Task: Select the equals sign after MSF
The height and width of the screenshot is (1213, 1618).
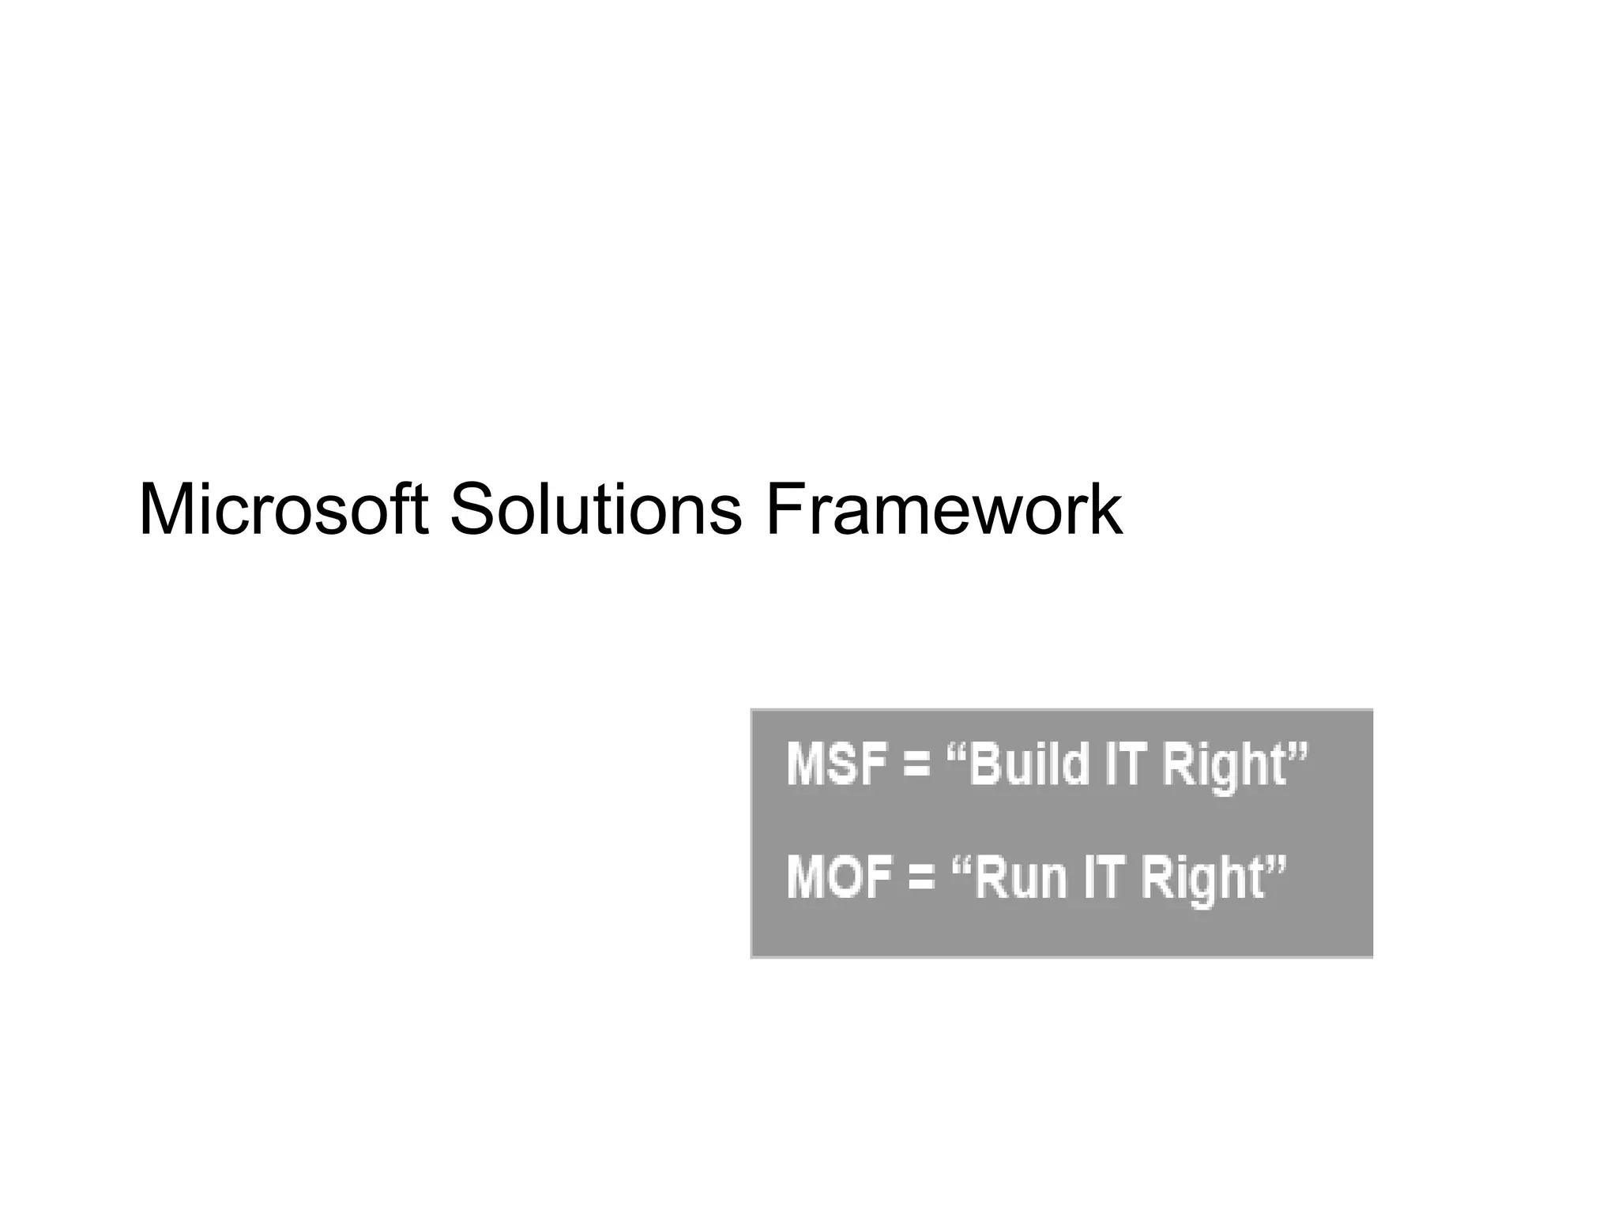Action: [916, 766]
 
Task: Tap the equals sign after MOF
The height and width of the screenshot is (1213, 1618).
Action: [922, 879]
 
